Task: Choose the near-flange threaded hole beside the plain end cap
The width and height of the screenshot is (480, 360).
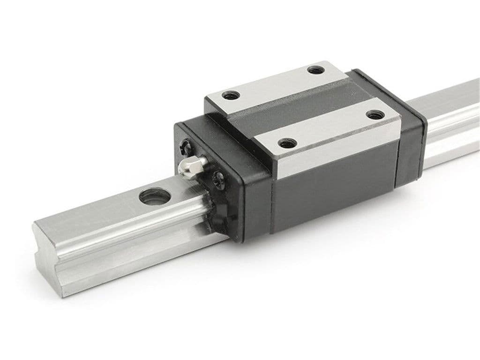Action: [374, 115]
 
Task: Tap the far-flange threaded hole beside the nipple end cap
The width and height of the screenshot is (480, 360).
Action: [230, 95]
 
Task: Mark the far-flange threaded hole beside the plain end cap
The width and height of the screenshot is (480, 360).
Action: [314, 71]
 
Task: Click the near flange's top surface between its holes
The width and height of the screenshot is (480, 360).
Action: [328, 129]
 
